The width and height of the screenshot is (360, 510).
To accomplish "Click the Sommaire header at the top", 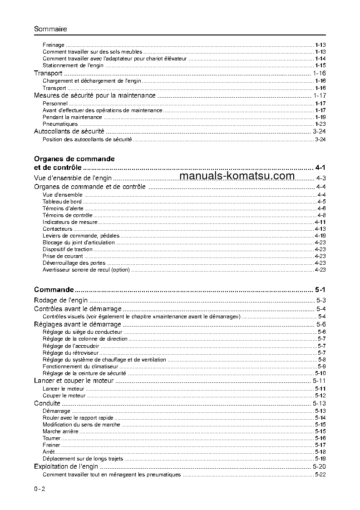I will [x=50, y=29].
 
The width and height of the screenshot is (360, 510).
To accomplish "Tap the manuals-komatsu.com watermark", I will [x=237, y=177].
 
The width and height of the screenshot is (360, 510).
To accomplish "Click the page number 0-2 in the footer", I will [x=39, y=489].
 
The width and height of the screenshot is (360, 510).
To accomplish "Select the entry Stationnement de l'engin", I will [x=73, y=65].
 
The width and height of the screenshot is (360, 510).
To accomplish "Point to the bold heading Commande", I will [x=54, y=289].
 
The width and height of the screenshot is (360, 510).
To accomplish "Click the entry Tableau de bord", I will [x=62, y=202].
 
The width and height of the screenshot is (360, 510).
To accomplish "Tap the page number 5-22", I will [x=320, y=475].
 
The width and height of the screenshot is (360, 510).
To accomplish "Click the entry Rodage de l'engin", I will [x=61, y=300].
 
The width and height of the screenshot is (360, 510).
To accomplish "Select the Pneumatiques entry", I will [x=60, y=124].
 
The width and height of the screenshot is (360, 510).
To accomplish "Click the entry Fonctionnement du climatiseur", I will [x=80, y=366].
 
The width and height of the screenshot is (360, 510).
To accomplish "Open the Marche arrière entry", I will [x=60, y=431].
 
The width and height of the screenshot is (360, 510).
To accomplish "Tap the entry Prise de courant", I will [x=63, y=256].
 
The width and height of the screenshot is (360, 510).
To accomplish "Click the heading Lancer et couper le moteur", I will [x=74, y=381].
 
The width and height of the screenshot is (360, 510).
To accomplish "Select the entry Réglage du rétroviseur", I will [x=70, y=353].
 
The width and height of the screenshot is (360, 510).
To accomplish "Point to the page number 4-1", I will [x=320, y=168].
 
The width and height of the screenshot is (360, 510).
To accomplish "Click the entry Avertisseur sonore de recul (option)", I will [x=86, y=270].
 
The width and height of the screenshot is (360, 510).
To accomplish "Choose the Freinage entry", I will [x=54, y=45].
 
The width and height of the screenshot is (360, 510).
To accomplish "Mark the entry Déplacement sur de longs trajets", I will [x=83, y=459].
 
